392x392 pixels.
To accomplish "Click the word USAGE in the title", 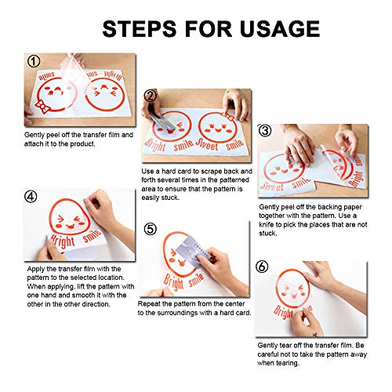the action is point(280,28).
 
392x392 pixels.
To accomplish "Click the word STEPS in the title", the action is point(140,28).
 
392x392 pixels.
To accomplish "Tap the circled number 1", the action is point(34,61).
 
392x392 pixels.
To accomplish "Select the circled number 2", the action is point(151,96).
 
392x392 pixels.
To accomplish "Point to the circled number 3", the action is point(265,130).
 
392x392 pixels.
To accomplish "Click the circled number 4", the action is point(31,197).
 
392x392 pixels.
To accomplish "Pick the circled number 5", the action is point(151,229).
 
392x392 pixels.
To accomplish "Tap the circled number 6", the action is point(262,267).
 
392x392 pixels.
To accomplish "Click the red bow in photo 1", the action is point(42,106).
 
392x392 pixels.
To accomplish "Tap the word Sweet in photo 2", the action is point(207,144).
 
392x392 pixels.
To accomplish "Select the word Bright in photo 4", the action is point(63,241).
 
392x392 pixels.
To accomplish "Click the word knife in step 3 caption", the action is point(267,224).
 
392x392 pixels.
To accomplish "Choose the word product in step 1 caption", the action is point(82,144).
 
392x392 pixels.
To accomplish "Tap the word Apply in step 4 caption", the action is point(35,269).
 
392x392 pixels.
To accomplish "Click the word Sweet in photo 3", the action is point(272,186).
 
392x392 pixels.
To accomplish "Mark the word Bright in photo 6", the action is point(283,312).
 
